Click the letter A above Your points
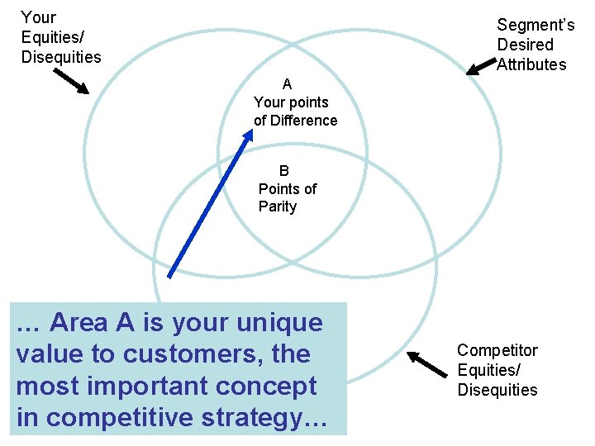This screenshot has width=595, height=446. click(287, 84)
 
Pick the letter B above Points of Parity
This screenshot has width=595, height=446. click(284, 171)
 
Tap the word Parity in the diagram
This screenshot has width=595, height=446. click(278, 206)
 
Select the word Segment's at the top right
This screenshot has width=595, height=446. click(535, 26)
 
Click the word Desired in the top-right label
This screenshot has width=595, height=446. click(525, 45)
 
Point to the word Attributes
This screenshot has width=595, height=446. click(531, 64)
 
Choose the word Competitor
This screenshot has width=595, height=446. click(497, 351)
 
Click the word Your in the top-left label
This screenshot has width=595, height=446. click(38, 17)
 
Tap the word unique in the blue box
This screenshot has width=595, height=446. click(278, 323)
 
